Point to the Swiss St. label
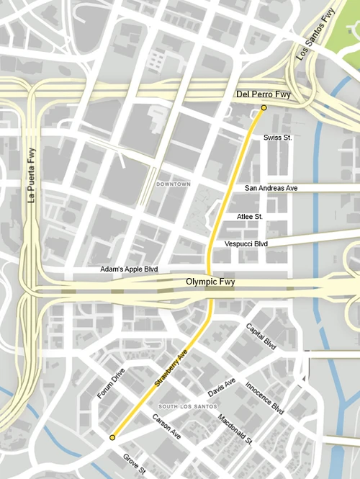[x=277, y=137]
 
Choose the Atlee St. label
[x=250, y=216]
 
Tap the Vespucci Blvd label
[x=246, y=244]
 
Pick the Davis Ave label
[x=221, y=388]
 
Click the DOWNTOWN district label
[x=173, y=184]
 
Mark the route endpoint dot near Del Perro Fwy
[x=264, y=107]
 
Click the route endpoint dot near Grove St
[x=112, y=437]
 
